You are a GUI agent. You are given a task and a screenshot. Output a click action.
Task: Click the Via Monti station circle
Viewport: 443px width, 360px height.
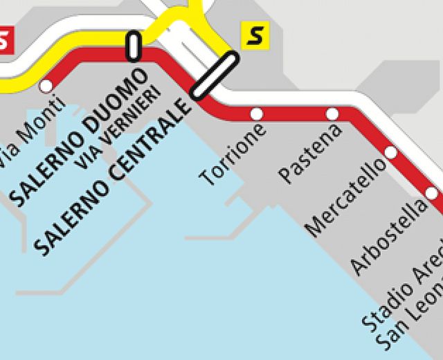pos(46,87)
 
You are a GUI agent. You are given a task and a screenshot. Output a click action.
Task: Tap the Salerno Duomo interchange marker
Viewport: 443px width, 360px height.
pos(134,46)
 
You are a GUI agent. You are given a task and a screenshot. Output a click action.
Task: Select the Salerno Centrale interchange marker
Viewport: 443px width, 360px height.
pos(215,75)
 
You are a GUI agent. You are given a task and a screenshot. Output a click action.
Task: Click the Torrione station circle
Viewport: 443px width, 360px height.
pos(257,114)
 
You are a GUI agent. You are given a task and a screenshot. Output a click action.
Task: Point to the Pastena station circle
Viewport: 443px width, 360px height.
pos(332,114)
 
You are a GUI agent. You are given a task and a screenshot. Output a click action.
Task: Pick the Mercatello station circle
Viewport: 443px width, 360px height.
pos(390,152)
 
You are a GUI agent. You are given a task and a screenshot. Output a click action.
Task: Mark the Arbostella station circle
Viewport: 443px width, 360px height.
pos(432,193)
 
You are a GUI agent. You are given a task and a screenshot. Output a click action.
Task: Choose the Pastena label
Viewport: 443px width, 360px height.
pos(309,153)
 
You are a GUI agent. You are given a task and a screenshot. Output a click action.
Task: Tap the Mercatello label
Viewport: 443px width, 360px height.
pos(345,197)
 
